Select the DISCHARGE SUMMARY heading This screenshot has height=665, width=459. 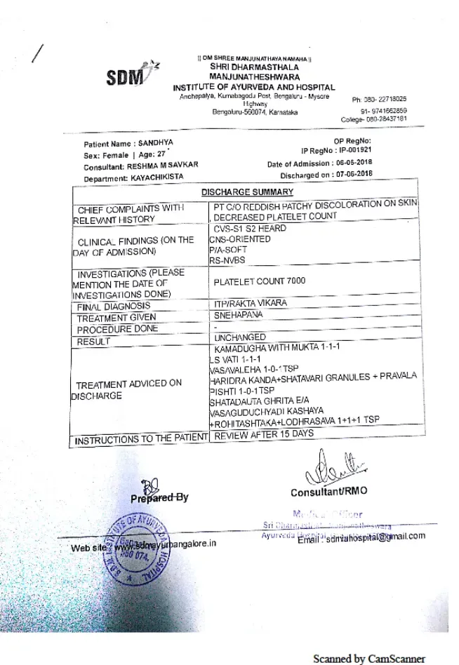(247, 192)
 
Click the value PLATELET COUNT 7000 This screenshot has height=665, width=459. (260, 281)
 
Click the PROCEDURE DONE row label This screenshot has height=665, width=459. (117, 329)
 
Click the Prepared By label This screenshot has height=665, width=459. (159, 497)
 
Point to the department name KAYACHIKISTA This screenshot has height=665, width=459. (157, 177)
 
